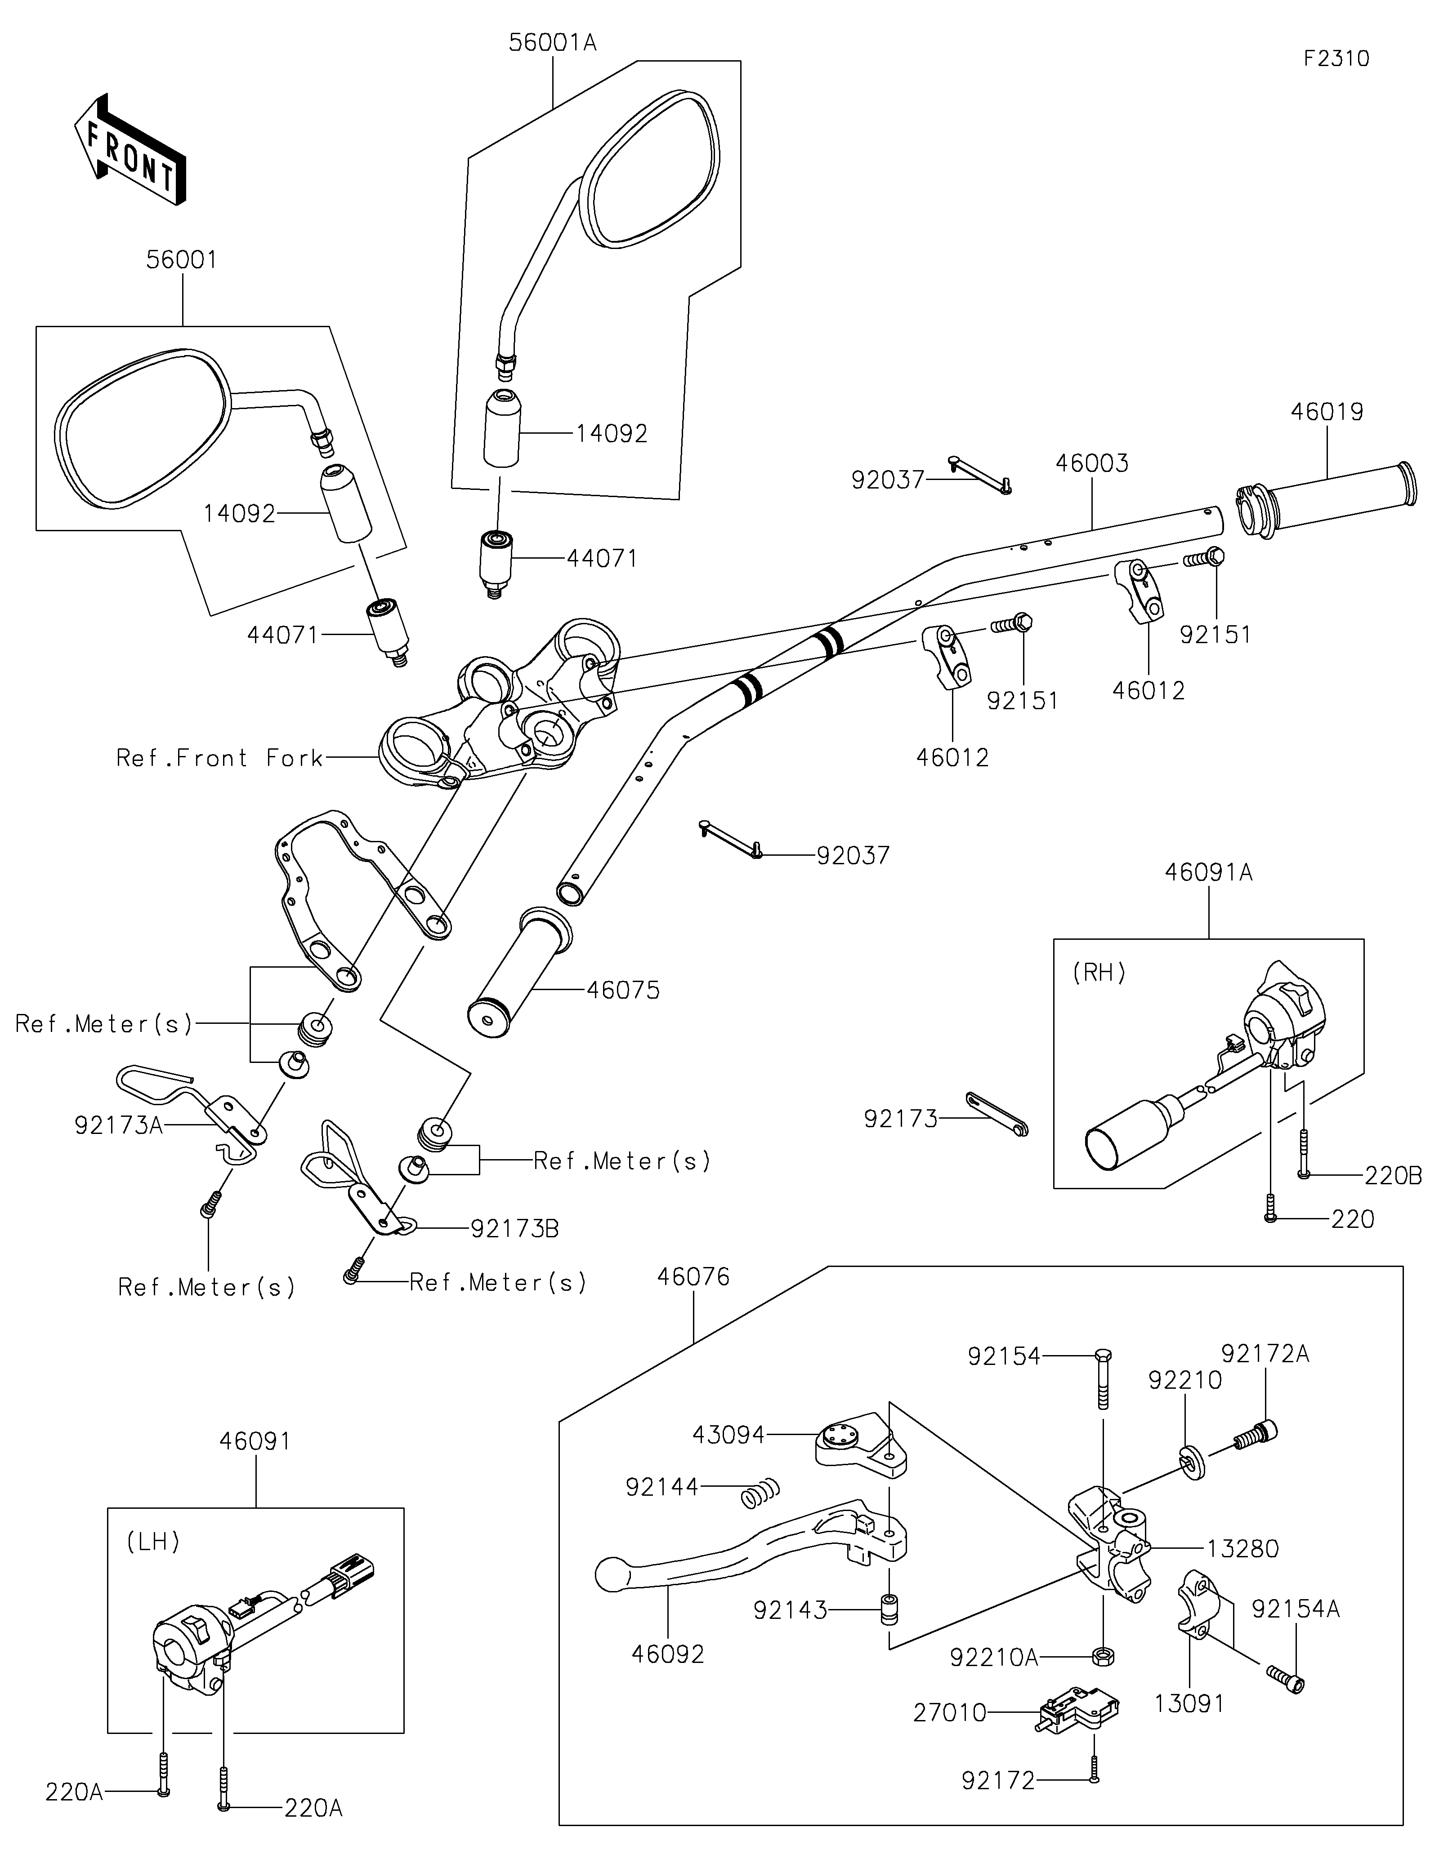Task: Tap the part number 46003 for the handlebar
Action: [1092, 464]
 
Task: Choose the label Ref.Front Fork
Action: [219, 758]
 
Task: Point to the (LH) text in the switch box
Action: [153, 1541]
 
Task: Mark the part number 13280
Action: [1242, 1548]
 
